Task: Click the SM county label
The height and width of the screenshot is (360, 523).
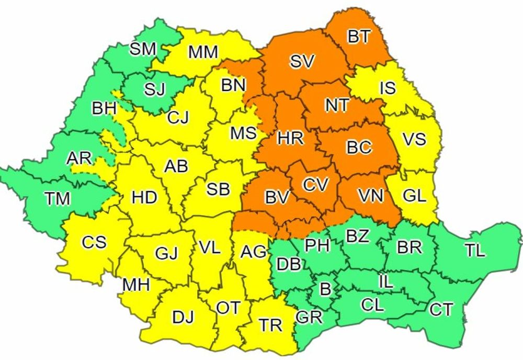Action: [x=143, y=49]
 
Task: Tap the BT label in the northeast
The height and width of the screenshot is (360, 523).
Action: [x=359, y=37]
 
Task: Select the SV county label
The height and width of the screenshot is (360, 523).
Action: [x=302, y=61]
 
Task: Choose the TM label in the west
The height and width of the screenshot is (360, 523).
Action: [x=57, y=199]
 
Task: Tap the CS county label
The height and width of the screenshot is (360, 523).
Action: [x=94, y=242]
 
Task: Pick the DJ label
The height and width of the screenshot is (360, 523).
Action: [x=183, y=317]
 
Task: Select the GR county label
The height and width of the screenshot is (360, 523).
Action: [x=309, y=317]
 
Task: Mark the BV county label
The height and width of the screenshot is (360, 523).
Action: [x=277, y=197]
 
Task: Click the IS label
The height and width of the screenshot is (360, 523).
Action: [x=388, y=88]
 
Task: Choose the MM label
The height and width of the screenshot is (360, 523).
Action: [x=203, y=52]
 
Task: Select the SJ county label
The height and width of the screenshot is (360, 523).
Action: [x=155, y=89]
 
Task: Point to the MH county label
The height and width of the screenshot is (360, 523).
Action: [x=136, y=285]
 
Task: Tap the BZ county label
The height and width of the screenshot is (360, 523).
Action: [x=358, y=237]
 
